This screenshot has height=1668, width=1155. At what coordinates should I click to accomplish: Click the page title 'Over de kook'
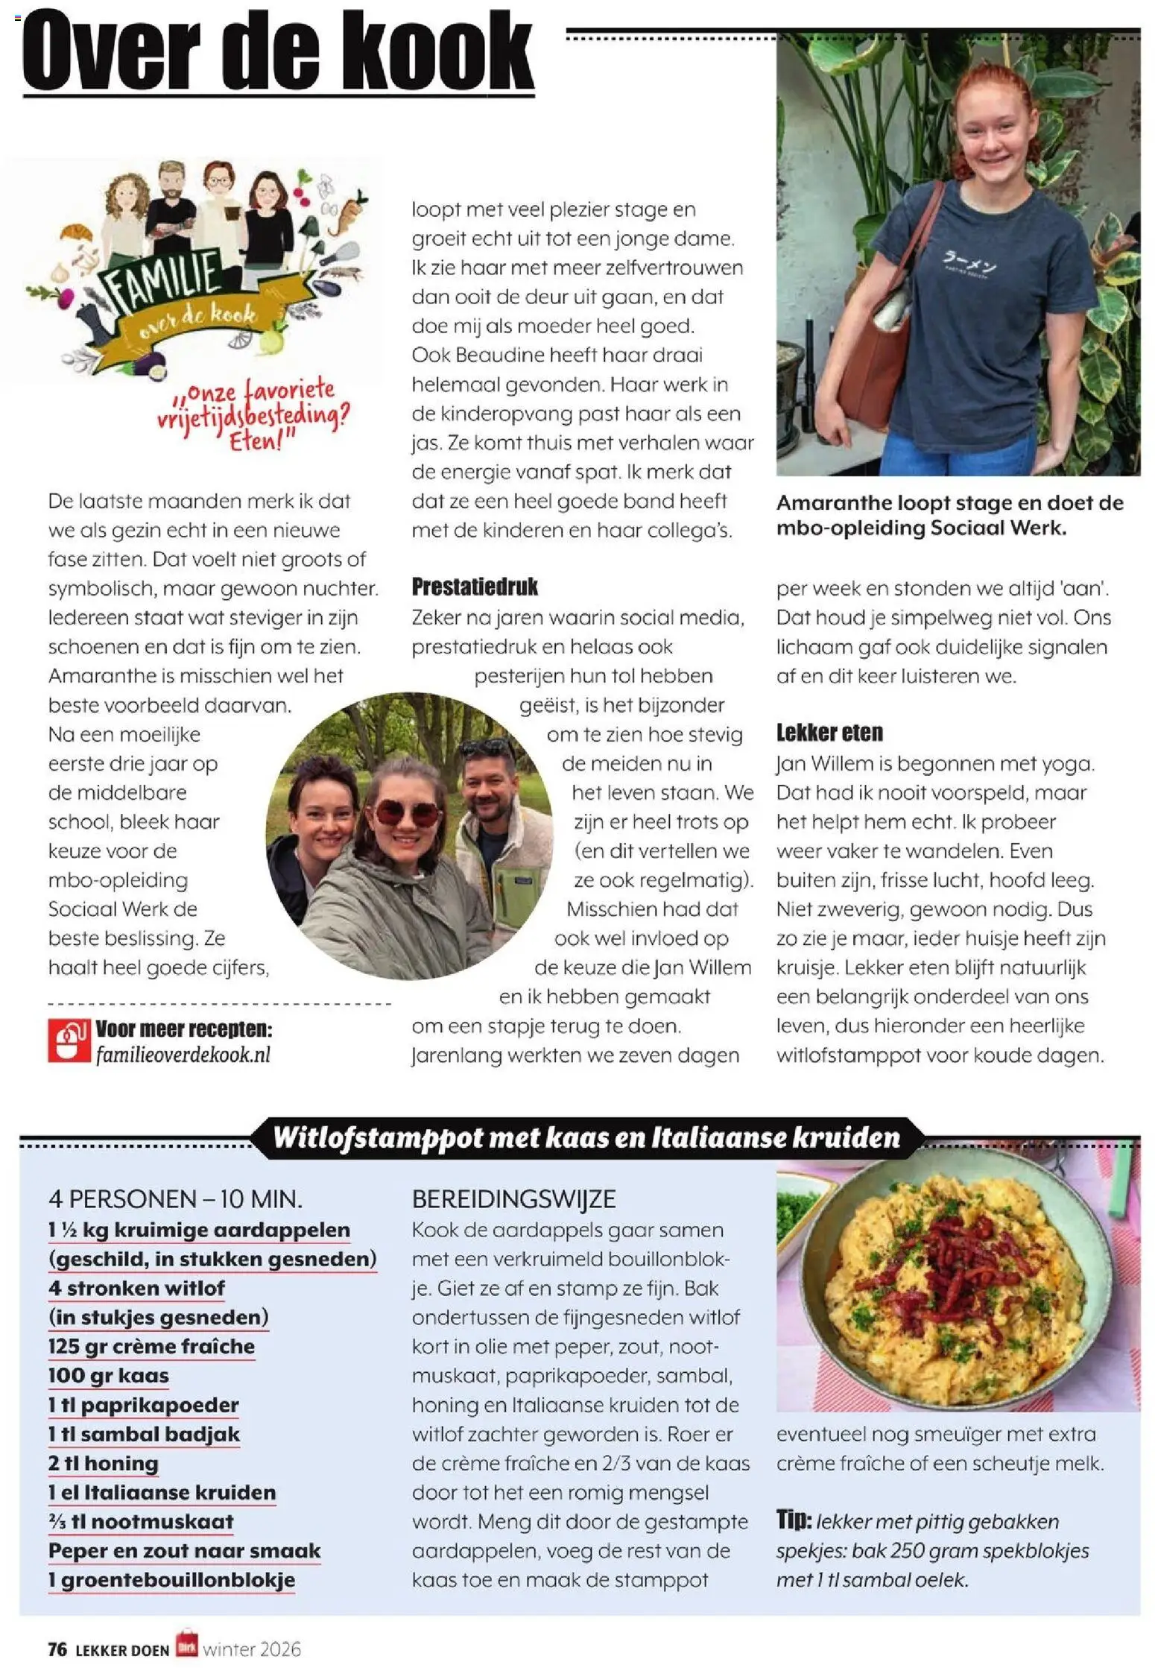[x=278, y=51]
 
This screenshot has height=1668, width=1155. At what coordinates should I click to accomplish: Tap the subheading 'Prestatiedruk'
[x=475, y=587]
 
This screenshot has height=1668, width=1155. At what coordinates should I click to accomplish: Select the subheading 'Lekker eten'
[x=829, y=733]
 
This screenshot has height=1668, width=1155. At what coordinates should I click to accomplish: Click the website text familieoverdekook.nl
[x=183, y=1055]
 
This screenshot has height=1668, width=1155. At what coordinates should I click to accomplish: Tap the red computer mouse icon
[x=69, y=1040]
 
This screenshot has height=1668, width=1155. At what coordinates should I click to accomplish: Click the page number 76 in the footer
[x=57, y=1649]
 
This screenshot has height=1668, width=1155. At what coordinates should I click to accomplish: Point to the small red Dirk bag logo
[x=186, y=1644]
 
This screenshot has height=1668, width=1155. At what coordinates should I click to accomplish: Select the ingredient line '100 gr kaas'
[x=108, y=1376]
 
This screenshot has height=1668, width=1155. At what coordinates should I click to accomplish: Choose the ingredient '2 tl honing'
[x=103, y=1463]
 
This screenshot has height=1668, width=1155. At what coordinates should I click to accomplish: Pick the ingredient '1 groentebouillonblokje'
[x=171, y=1580]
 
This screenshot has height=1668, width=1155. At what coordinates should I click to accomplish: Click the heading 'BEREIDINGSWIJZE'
[x=513, y=1199]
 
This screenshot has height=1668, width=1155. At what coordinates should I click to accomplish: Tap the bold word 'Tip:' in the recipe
[x=794, y=1520]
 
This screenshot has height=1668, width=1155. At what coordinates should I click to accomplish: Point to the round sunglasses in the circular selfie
[x=406, y=812]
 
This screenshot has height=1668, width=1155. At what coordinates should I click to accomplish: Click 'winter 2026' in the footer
[x=252, y=1649]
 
